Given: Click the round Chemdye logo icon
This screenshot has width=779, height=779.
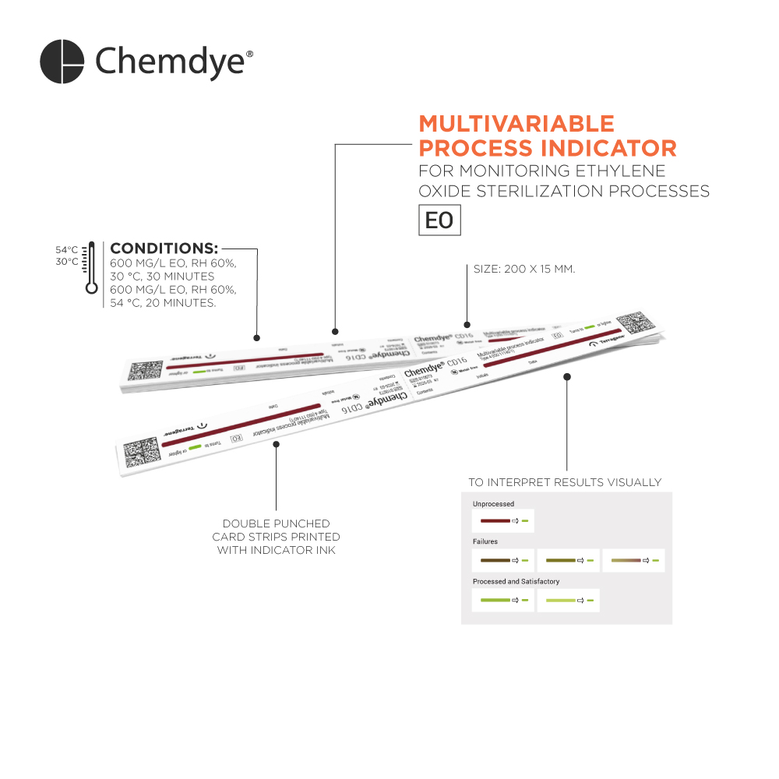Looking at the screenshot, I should coord(62,62).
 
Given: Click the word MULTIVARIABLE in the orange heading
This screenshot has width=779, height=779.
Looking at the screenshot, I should coord(516,124).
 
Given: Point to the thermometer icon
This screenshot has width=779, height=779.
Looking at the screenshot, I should coord(92,266).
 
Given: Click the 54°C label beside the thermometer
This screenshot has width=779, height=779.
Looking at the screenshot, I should coord(66,250).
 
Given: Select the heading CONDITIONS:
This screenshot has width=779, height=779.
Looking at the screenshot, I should coord(164,249).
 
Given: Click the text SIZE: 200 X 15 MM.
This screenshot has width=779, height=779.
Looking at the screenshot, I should coord(523,269).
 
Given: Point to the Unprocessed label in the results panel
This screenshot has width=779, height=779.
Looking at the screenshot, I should coord(493,504).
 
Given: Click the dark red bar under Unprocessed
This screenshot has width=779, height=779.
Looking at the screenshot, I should coord(495,520).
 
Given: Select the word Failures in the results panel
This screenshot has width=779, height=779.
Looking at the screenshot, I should coord(485,541).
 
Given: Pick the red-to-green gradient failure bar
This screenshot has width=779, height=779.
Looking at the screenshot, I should coord(626,561).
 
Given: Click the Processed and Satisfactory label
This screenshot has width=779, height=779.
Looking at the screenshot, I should coord(516,581).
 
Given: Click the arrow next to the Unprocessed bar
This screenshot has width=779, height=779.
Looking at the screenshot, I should coord(514,520).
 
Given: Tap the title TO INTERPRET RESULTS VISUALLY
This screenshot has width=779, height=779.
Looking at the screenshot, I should coord(564,482).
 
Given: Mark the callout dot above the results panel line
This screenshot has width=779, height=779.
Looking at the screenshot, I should coord(567,376).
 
